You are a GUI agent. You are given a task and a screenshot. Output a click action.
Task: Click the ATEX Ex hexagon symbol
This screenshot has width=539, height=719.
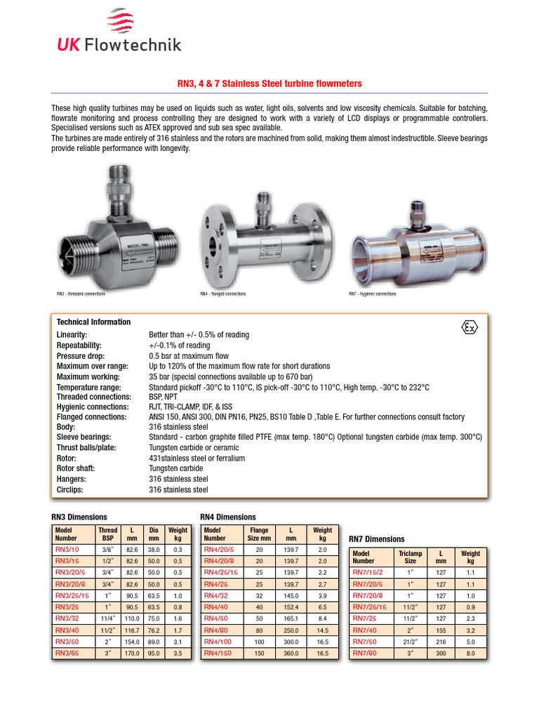coord(470,328)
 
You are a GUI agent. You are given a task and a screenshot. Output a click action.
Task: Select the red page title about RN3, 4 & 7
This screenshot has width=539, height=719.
coord(269,84)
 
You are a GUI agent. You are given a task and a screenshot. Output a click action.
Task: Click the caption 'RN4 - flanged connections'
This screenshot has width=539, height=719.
coord(223,293)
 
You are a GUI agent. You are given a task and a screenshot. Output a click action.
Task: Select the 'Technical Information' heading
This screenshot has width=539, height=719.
coord(93,322)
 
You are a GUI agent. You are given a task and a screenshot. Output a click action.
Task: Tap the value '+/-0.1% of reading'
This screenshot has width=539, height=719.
coord(179,345)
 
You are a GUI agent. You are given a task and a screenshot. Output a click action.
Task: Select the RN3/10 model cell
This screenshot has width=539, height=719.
coord(67,550)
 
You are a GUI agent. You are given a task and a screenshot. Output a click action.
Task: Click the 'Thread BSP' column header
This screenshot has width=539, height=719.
coord(107,534)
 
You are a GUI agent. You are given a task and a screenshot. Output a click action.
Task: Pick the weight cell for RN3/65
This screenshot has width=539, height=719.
coord(178,653)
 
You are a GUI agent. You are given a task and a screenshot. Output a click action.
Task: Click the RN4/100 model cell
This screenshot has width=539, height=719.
coord(218,642)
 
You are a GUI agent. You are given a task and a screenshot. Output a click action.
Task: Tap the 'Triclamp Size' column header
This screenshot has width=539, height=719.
coord(411,557)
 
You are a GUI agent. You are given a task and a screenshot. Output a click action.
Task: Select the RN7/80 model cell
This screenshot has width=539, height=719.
coord(365,653)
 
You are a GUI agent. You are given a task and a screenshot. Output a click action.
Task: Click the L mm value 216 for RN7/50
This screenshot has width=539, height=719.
coord(441,642)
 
